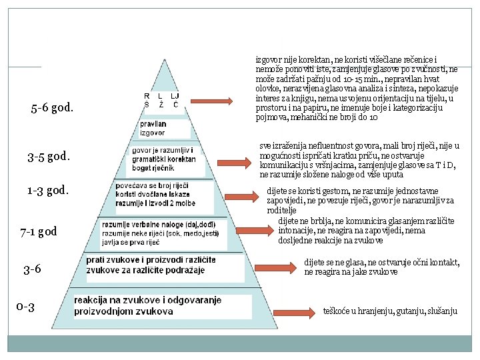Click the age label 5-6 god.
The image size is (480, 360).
point(52,107)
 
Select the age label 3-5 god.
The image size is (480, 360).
point(49,157)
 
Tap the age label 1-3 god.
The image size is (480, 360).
point(47,191)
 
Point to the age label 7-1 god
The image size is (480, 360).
point(39,232)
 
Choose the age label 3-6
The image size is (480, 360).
point(32,269)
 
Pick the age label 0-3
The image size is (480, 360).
point(25,307)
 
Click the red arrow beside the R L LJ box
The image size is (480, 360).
point(210,101)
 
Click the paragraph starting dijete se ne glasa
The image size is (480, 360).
point(381,267)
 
